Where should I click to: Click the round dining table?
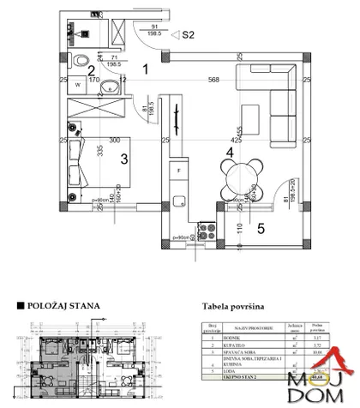(243, 177)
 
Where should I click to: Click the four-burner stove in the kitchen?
(203, 230)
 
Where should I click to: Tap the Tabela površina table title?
(233, 305)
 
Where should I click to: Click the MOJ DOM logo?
(323, 377)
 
